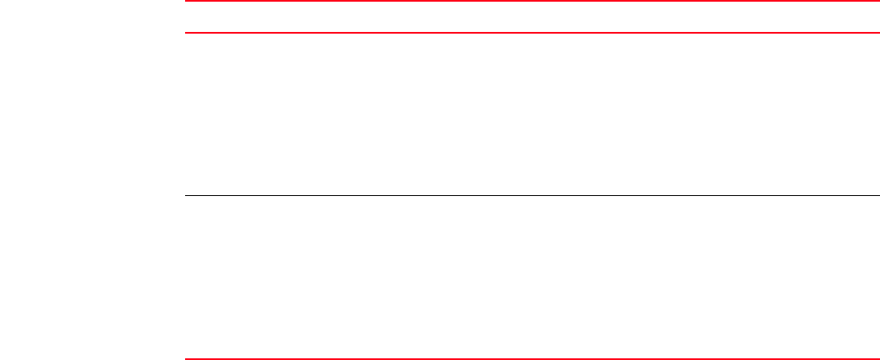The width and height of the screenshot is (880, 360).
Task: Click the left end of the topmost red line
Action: (x=187, y=2)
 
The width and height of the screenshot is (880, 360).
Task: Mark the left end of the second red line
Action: (x=187, y=33)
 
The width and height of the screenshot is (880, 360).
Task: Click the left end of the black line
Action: (x=187, y=196)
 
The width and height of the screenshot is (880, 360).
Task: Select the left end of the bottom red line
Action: (x=187, y=359)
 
